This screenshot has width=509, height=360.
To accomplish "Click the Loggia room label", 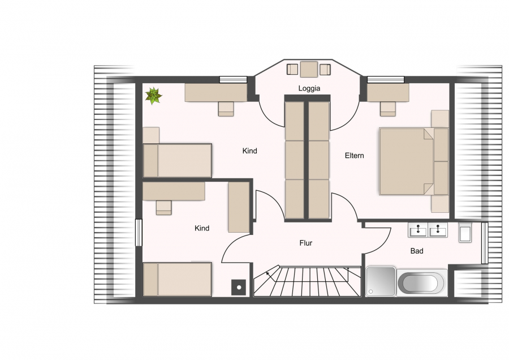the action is pos(309,88).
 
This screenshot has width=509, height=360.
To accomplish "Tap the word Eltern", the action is pos(354,156).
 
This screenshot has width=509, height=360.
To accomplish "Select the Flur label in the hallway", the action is pos(306,243).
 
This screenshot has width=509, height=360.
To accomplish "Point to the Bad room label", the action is pos(417,251).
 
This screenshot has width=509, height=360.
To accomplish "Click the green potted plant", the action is pos(153,96).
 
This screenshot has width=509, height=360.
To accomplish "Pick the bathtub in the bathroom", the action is pos(422,282).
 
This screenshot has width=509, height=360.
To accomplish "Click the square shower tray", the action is pos(381,282).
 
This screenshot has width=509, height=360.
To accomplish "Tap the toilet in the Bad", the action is pos(465,232).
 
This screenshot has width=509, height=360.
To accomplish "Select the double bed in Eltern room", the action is pos(414,161).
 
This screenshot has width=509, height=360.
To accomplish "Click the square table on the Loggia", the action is pos(309,69).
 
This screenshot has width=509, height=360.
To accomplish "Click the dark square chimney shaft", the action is pos(239,287).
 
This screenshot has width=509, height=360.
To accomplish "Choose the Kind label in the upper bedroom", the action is pos(249,151).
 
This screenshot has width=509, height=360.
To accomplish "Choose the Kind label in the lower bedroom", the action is pos(202,229).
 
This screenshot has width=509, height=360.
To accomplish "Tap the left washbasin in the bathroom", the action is pos(417,230).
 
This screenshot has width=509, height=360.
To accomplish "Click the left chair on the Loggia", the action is pos(292,70).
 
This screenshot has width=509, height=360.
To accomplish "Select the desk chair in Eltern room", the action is pos(388,109).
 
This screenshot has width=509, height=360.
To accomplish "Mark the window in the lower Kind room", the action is pos(139,233).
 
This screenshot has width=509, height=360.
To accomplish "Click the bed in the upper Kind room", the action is pos(177,161).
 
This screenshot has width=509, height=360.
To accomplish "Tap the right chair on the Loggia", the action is pos(325,70).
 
